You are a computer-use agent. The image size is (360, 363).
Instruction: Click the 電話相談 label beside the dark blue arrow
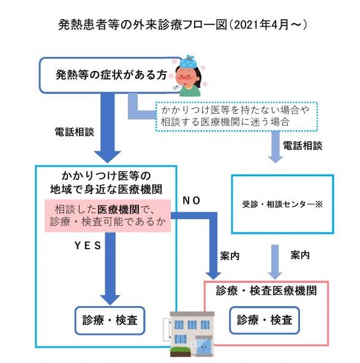click(73, 131)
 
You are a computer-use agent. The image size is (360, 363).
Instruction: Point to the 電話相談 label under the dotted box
click(301, 146)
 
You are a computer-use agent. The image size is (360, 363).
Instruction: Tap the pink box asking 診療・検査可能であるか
click(108, 214)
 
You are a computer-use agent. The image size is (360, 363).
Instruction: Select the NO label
click(191, 200)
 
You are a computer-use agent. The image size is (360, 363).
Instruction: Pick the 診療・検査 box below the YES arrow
click(110, 320)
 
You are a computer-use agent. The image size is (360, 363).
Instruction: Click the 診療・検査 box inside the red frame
click(264, 320)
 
